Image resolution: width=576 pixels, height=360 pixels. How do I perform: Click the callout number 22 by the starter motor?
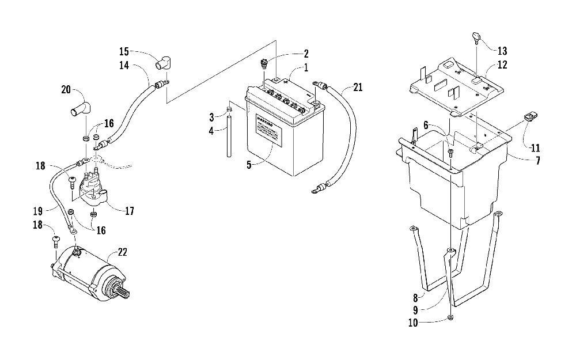(122, 252)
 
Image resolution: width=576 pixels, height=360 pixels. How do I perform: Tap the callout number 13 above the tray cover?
(502, 50)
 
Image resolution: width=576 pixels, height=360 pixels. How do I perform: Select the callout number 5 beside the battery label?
(249, 165)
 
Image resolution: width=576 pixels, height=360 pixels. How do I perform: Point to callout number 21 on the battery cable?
(358, 88)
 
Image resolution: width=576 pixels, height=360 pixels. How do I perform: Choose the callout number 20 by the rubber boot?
(66, 89)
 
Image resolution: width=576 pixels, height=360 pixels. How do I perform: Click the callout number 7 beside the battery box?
(537, 160)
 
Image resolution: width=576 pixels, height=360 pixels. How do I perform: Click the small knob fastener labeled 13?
(476, 38)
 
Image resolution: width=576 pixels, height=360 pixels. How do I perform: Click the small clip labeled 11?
(530, 117)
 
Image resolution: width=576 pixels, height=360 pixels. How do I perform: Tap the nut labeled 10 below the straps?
(450, 318)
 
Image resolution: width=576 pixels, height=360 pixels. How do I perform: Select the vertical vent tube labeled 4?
(229, 137)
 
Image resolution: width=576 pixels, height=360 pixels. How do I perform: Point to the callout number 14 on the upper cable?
(124, 66)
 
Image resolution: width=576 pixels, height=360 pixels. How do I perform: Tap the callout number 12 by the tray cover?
(502, 65)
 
